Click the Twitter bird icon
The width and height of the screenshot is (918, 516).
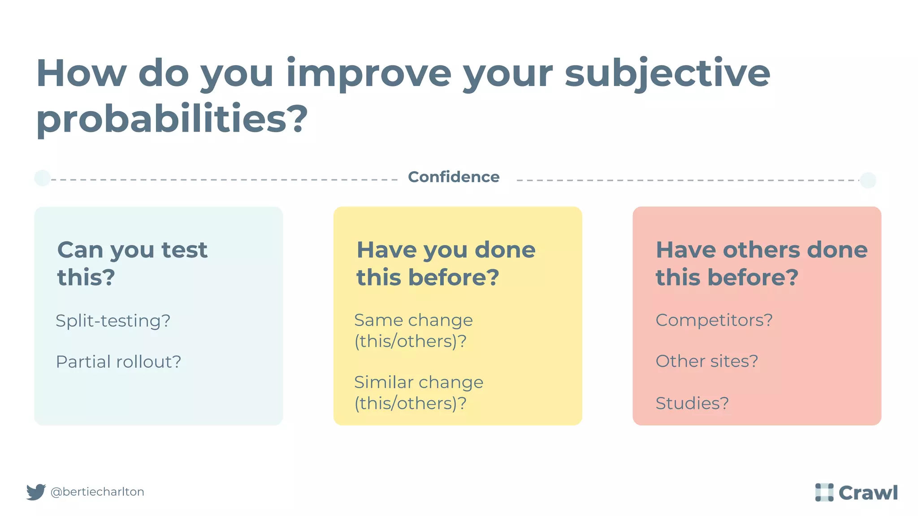36,492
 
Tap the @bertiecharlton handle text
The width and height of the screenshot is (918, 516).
97,492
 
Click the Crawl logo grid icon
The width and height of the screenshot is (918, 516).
824,492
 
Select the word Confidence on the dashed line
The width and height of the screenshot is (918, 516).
454,177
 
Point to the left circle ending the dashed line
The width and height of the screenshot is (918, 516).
43,178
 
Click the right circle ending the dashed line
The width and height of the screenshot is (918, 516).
868,180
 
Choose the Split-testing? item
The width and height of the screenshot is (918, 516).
113,321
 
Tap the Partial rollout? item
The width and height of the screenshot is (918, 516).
118,361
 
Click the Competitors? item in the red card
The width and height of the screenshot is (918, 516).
714,320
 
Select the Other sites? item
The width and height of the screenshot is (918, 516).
706,361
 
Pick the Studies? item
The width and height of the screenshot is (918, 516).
692,403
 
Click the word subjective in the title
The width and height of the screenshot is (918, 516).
667,74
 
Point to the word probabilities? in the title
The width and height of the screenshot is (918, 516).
172,119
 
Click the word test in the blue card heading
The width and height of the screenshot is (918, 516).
184,250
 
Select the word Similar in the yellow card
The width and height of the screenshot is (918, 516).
384,382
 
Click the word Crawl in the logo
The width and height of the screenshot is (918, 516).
868,493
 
